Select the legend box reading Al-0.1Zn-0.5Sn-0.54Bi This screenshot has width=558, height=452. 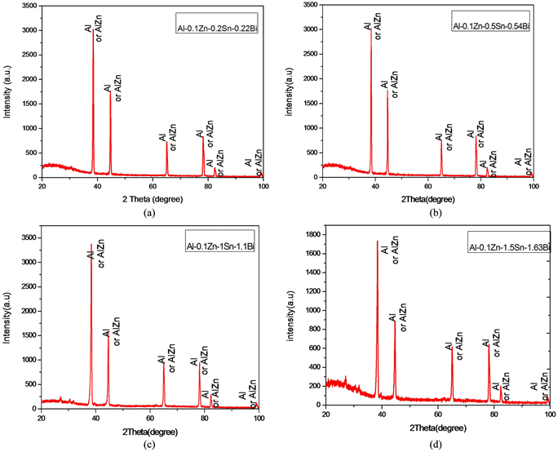[x=492, y=25]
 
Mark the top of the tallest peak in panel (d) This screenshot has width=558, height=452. [x=377, y=241]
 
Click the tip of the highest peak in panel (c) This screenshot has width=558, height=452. [x=91, y=244]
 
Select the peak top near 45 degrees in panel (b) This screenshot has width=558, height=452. [x=387, y=91]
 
